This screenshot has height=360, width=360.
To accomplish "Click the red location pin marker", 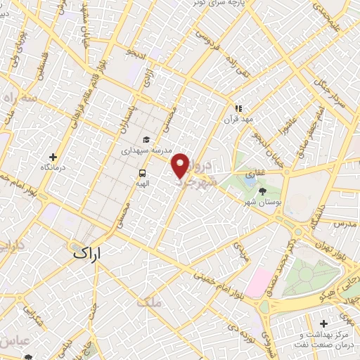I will click(x=181, y=165).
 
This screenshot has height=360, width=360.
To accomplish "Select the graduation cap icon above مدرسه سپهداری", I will click(x=146, y=139).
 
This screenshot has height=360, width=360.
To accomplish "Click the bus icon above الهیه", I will click(x=143, y=173).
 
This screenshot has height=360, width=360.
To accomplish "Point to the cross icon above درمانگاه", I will click(x=53, y=156).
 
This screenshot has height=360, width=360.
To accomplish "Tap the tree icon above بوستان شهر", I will click(x=263, y=191).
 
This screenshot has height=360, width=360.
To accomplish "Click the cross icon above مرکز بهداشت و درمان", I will click(x=323, y=323).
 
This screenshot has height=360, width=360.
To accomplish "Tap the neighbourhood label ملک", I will click(x=150, y=302).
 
